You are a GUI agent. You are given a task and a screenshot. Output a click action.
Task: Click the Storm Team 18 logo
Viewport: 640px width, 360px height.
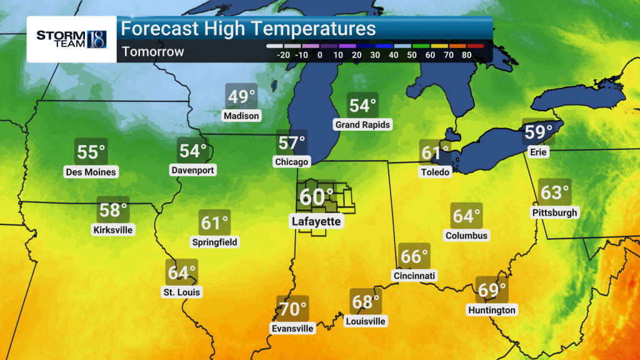pos(71,38)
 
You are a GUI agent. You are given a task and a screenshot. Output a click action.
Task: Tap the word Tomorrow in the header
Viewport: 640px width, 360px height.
pos(153,51)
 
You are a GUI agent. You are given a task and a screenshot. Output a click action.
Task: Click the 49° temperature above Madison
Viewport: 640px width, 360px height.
pos(242,97)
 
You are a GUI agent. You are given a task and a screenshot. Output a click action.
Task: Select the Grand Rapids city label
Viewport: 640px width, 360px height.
pos(362,124)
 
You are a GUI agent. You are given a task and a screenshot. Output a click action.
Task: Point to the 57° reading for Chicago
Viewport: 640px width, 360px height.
pos(292,143)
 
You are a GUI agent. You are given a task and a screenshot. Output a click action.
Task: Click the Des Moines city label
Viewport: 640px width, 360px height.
pos(91,172)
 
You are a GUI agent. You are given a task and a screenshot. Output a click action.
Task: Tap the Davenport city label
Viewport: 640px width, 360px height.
pos(192,170)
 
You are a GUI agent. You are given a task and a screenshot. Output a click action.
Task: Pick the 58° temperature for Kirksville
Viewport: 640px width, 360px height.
pos(113,210)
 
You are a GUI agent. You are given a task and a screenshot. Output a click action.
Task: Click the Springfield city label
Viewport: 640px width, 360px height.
pos(215,242)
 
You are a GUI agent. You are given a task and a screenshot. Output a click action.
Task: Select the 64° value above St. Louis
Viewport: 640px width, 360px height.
pos(182,272)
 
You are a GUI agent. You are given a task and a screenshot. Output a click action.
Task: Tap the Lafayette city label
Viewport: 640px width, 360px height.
pos(316,221)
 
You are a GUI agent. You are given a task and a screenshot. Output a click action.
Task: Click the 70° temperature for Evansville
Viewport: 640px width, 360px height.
pos(292,309)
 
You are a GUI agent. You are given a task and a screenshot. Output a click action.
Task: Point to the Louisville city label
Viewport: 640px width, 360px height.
pos(366,321)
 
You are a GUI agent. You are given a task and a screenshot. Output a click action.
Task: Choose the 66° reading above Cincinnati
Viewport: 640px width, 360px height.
pos(414,257)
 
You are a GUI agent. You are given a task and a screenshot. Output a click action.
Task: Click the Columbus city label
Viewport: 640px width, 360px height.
pos(467,236)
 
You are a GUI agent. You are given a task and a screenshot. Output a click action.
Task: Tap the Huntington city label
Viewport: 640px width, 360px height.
pos(492,310)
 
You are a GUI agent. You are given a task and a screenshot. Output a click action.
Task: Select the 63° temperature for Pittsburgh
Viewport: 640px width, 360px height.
pos(555,192)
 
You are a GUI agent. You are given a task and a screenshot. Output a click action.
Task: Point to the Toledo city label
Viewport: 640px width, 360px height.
pos(436,172)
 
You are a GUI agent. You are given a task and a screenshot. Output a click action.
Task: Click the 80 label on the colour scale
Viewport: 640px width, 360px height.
pos(466,55)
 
